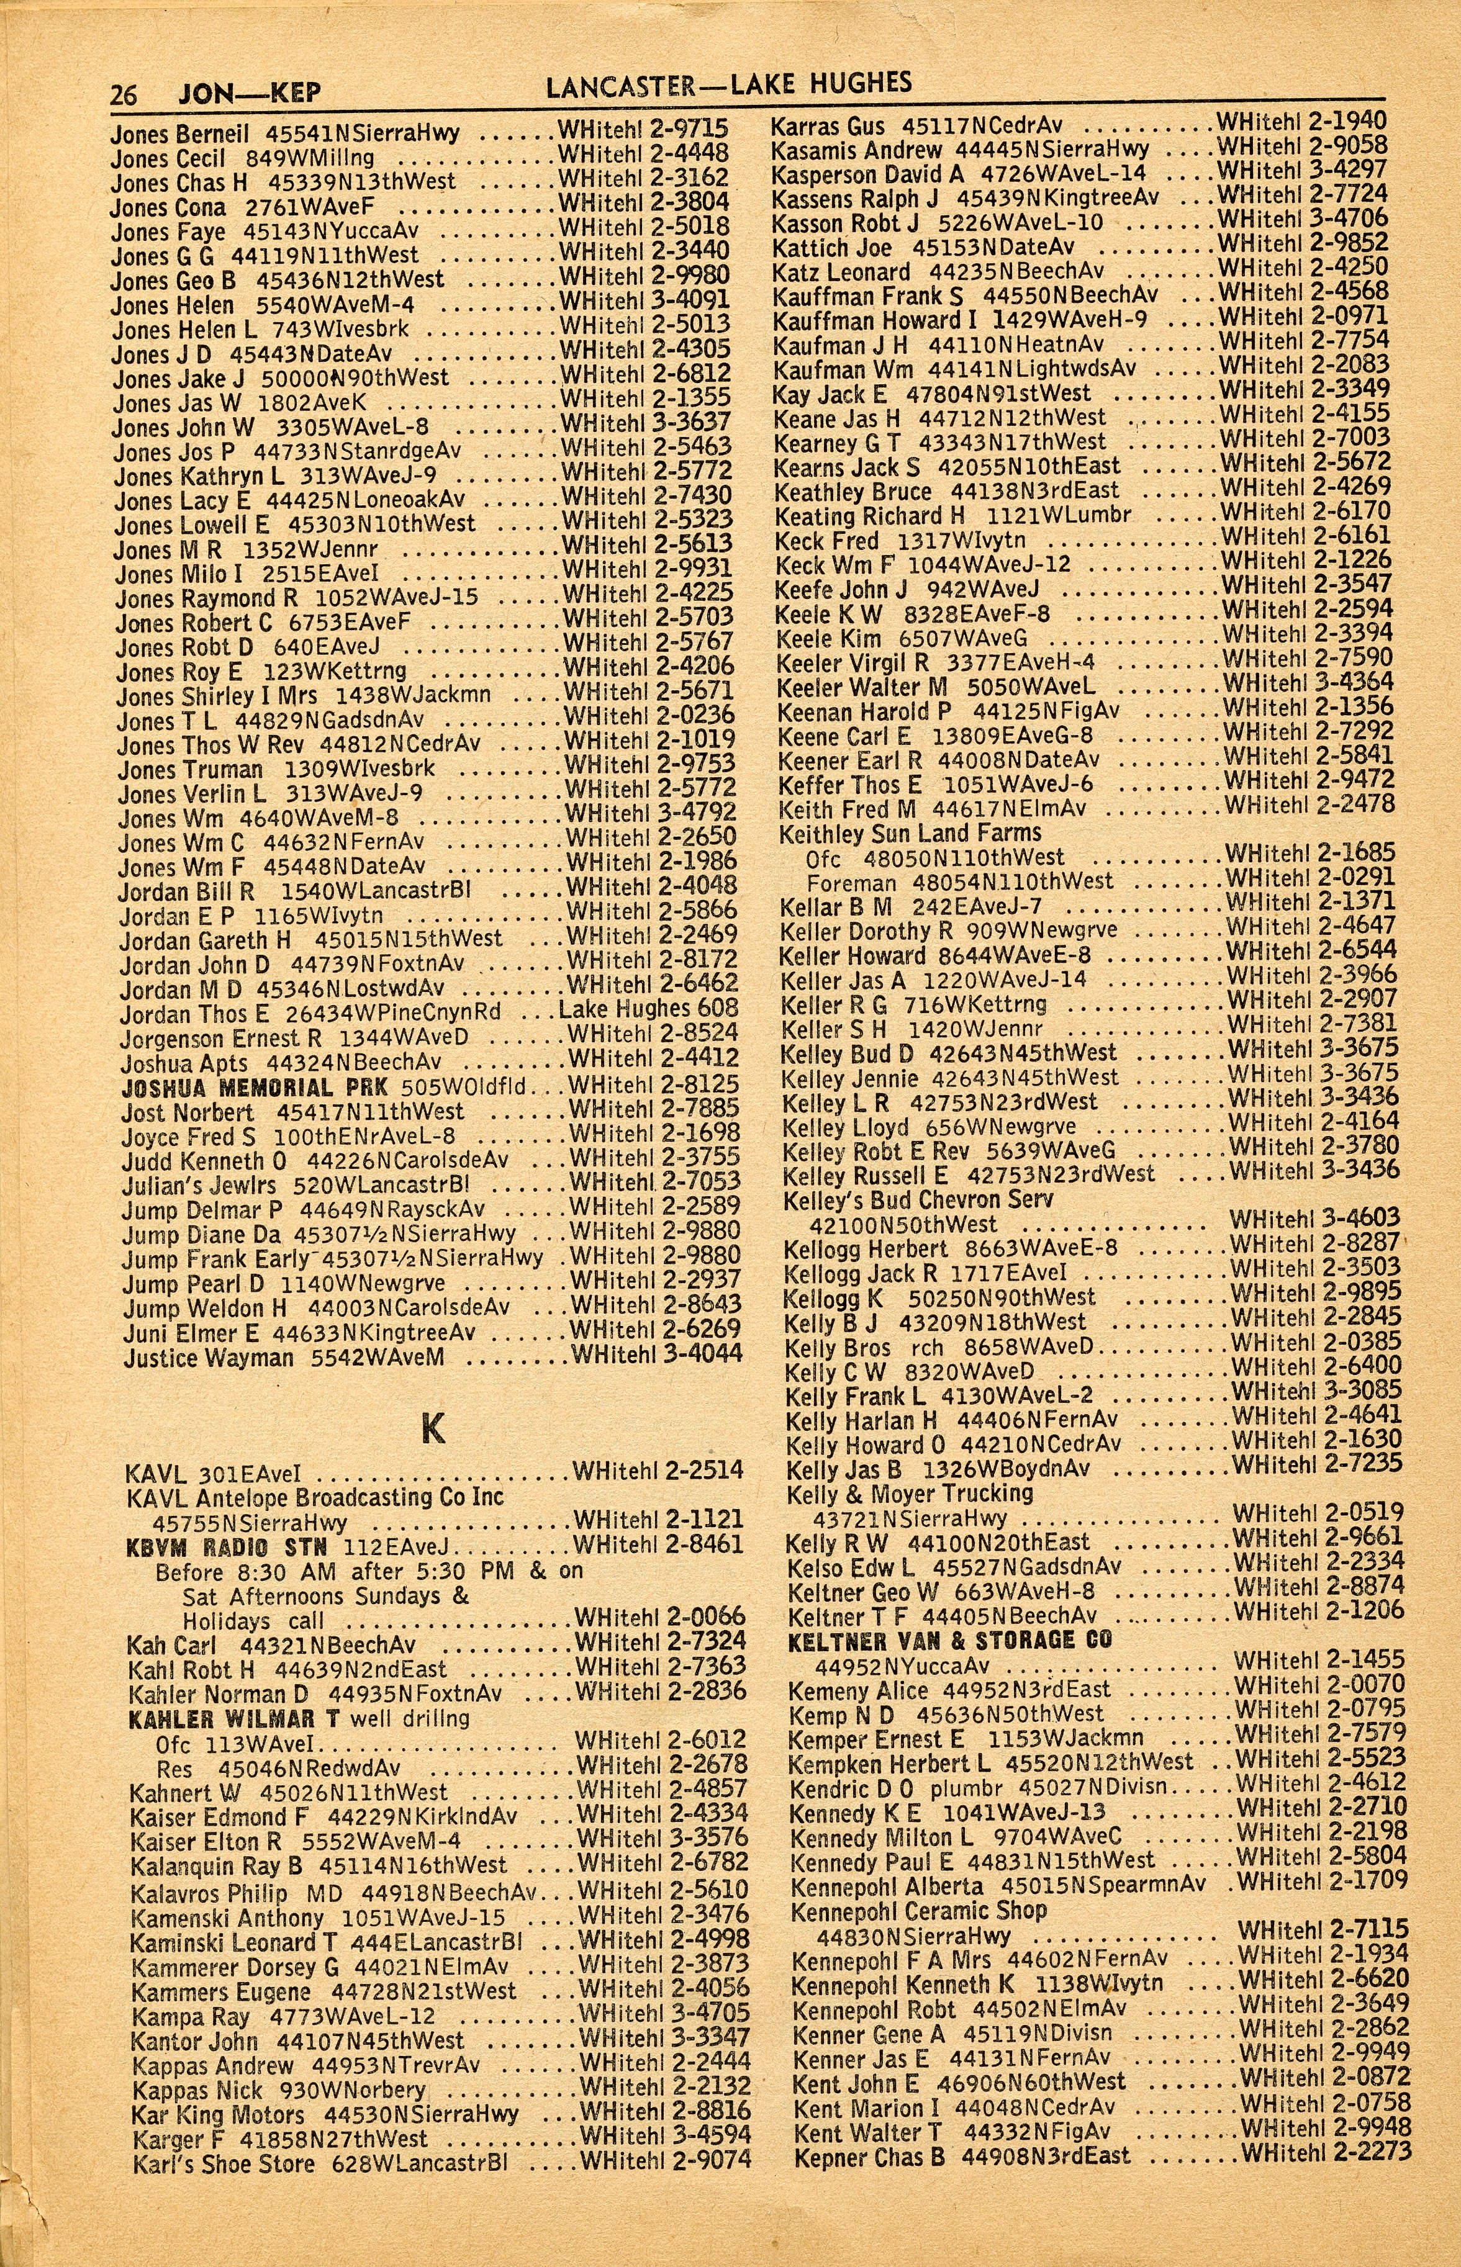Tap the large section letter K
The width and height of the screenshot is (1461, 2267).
click(x=433, y=1430)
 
